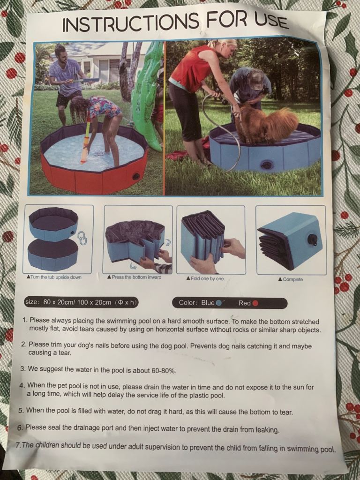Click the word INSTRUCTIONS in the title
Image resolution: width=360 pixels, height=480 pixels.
coord(131,22)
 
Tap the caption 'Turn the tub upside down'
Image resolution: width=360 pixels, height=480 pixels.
coord(54,277)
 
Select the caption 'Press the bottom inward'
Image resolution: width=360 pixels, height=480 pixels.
coord(134,277)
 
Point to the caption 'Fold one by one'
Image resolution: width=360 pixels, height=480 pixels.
coord(205,278)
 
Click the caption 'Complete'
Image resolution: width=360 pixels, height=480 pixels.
coord(291,279)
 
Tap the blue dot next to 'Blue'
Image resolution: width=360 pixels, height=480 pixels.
coord(218,303)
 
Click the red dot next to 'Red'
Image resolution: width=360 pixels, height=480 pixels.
coord(255,303)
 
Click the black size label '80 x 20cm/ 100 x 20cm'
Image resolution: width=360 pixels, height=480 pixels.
coord(82,302)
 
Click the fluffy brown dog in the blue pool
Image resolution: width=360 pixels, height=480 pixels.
coord(265,124)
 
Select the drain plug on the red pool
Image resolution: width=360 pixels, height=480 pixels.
coord(135,176)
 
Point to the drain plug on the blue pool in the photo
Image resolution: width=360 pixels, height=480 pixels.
coord(266,165)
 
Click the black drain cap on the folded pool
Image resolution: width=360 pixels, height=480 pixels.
coord(312,240)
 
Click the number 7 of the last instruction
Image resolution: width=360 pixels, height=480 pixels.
coord(18,444)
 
